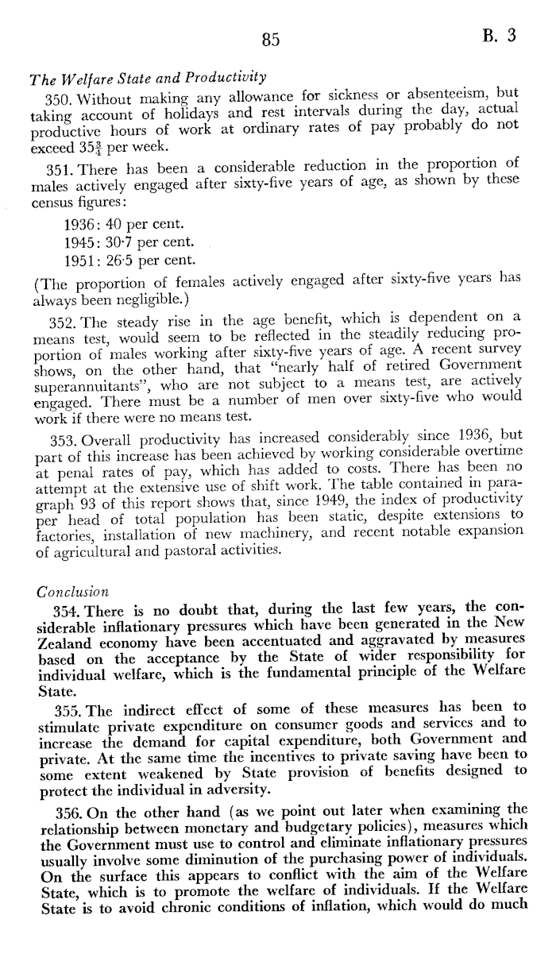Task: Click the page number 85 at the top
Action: point(272,38)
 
